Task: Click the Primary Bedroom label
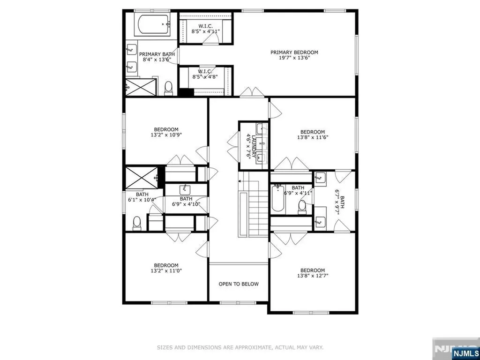[x=294, y=52]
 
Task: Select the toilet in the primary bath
[x=168, y=88]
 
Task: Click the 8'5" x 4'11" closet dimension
[x=206, y=31]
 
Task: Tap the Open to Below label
[x=239, y=284]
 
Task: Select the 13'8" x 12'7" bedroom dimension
[x=313, y=276]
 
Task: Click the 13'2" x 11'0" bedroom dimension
[x=166, y=270]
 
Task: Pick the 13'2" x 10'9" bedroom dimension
[x=166, y=135]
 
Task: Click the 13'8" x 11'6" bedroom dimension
[x=313, y=137]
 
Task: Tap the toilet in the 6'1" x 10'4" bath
[x=137, y=223]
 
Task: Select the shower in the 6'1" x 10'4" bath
[x=142, y=177]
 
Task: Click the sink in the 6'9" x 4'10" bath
[x=185, y=189]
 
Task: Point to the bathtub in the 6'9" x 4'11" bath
[x=277, y=198]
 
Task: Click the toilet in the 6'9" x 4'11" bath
[x=302, y=206]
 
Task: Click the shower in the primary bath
[x=141, y=87]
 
